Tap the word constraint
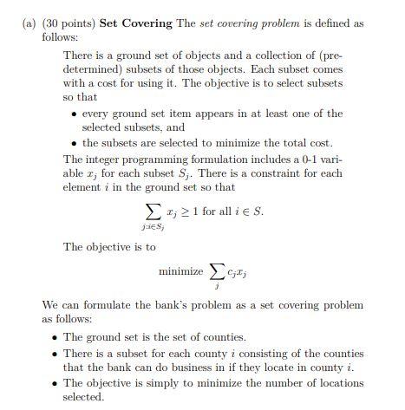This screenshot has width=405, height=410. [x=265, y=172]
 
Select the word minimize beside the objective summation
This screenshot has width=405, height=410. [x=180, y=273]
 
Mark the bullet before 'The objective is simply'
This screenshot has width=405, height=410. [x=55, y=382]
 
